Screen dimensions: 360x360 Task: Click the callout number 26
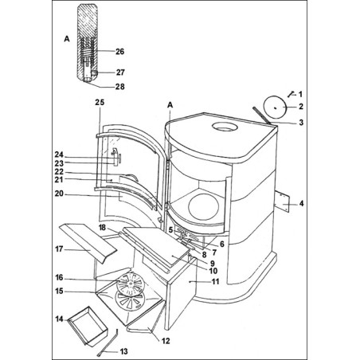(x=119, y=51)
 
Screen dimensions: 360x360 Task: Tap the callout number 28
(x=119, y=87)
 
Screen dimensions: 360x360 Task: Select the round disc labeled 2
(x=276, y=107)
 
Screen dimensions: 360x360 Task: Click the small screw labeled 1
(x=291, y=94)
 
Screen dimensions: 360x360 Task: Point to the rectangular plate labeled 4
(x=282, y=202)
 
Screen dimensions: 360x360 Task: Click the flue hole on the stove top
(x=225, y=127)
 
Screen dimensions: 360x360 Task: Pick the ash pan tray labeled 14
(x=88, y=327)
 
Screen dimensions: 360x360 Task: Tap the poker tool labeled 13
(x=108, y=342)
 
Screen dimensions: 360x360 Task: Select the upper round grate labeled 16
(x=130, y=284)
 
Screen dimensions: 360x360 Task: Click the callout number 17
(x=59, y=249)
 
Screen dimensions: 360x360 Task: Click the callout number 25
(x=100, y=102)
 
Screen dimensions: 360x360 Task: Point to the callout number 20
(x=59, y=194)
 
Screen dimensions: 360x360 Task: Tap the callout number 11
(x=215, y=281)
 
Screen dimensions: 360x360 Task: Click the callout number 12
(x=166, y=341)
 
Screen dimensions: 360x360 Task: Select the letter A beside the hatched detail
(x=67, y=39)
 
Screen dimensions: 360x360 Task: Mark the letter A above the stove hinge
(x=170, y=105)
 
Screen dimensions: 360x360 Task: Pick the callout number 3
(x=301, y=123)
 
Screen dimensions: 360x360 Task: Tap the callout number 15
(x=59, y=291)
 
